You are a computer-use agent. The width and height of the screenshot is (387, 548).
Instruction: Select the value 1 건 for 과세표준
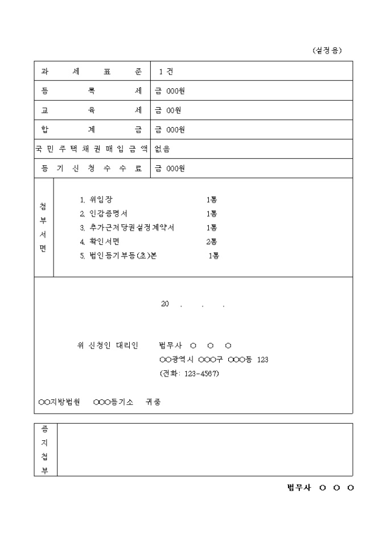[x=166, y=71]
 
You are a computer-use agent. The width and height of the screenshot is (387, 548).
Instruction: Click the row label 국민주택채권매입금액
[x=92, y=149]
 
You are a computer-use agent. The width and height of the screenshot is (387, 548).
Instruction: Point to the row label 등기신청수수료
[x=92, y=169]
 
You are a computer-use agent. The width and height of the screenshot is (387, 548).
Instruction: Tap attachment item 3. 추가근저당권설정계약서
[x=127, y=227]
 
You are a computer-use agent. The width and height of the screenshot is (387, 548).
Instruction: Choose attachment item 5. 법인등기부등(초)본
[x=118, y=256]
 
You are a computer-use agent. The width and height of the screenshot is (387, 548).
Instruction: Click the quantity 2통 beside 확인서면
[x=211, y=242]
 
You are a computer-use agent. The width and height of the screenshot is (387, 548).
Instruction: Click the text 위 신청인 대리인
[x=108, y=346]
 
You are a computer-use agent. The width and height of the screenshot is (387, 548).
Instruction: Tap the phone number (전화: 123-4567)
[x=190, y=374]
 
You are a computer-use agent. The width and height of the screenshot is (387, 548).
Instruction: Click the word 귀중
[x=153, y=402]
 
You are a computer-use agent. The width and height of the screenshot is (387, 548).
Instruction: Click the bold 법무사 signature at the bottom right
[x=320, y=488]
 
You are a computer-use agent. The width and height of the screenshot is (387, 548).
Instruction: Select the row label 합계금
[x=92, y=129]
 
